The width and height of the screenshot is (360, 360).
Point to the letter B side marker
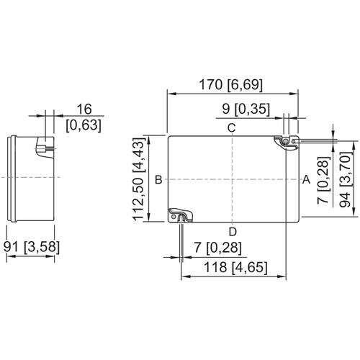click(157, 179)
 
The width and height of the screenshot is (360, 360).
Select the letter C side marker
click(232, 128)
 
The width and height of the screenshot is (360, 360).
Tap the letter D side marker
click(232, 231)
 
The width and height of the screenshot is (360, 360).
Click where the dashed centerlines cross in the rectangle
click(232, 178)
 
